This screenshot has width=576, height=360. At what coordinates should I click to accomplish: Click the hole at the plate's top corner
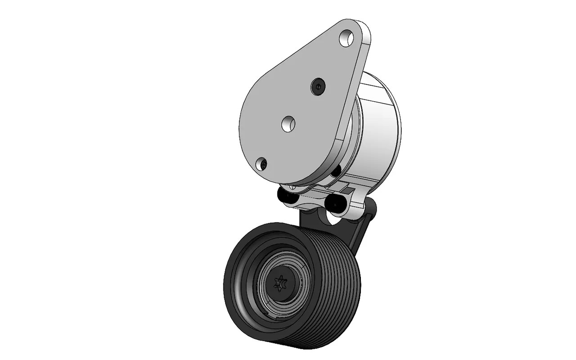(x=347, y=38)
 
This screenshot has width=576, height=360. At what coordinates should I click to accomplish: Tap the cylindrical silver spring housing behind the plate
(x=380, y=130)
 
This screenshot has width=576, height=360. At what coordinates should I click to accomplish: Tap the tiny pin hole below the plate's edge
(x=292, y=186)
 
